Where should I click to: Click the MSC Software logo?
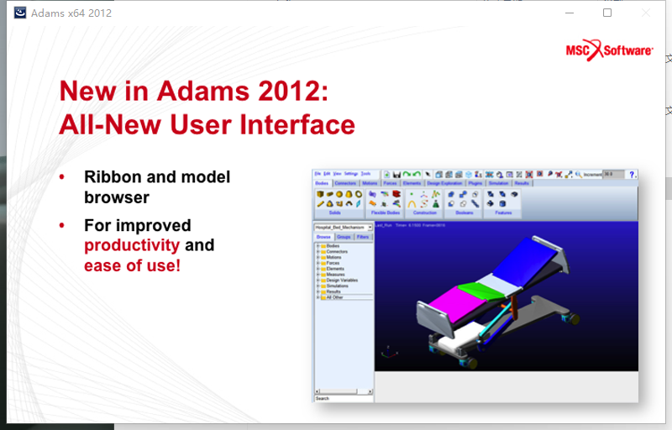609,51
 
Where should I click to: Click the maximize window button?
607,13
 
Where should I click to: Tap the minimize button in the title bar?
570,13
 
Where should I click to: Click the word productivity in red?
132,245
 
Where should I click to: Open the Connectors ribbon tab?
345,182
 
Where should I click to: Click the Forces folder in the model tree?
334,262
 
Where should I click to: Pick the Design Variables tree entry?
341,280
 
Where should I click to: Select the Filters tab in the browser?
363,238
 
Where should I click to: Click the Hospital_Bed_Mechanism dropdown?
343,227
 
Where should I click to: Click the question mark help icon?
632,174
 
